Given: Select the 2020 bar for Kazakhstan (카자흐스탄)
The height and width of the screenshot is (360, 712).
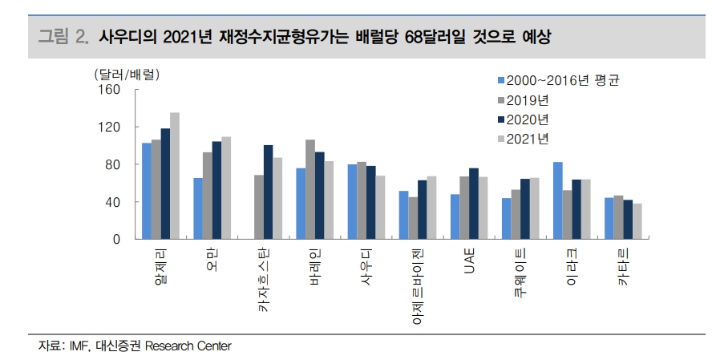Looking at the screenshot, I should [268, 192].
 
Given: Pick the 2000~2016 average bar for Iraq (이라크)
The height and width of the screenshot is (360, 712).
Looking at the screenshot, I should [557, 201].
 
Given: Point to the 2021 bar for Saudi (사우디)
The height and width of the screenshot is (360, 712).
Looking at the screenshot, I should [381, 208].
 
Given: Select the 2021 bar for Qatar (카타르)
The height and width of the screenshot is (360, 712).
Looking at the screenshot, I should [637, 222].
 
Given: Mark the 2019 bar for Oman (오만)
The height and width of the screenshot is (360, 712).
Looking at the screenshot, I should [207, 196].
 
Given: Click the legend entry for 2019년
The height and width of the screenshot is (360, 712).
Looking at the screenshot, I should [528, 100].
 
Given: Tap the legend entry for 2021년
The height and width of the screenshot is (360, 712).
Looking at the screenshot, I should [528, 139].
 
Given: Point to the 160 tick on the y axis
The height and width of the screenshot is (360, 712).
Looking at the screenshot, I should [111, 90].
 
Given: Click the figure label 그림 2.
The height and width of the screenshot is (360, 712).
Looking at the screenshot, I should [63, 37].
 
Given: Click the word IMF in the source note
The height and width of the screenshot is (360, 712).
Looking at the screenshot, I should [79, 346].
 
